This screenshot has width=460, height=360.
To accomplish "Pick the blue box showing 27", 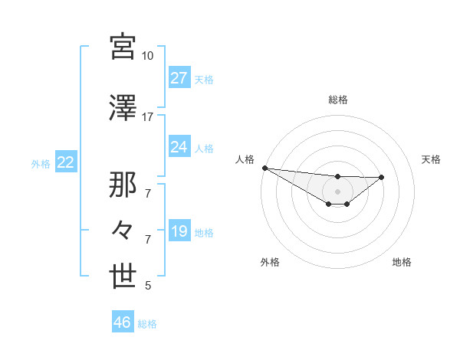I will [179, 78].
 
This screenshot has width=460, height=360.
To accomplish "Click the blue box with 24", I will [179, 147].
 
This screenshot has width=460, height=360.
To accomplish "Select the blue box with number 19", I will [179, 231].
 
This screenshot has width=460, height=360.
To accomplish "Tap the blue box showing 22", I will [65, 162].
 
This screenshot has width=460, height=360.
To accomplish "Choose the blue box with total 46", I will [123, 322].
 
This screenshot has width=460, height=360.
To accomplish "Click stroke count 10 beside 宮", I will [147, 56].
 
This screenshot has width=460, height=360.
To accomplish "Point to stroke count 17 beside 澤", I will [147, 117].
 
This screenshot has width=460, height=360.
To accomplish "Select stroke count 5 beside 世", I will [148, 286].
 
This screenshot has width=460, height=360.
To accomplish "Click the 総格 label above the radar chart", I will [338, 100].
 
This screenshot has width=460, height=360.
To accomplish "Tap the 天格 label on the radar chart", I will [432, 159].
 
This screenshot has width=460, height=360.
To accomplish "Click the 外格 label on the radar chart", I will [270, 262].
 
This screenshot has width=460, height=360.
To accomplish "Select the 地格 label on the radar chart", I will [402, 262].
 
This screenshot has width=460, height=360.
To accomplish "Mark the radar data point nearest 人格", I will [264, 168].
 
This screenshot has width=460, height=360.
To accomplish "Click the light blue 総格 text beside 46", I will [147, 324].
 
